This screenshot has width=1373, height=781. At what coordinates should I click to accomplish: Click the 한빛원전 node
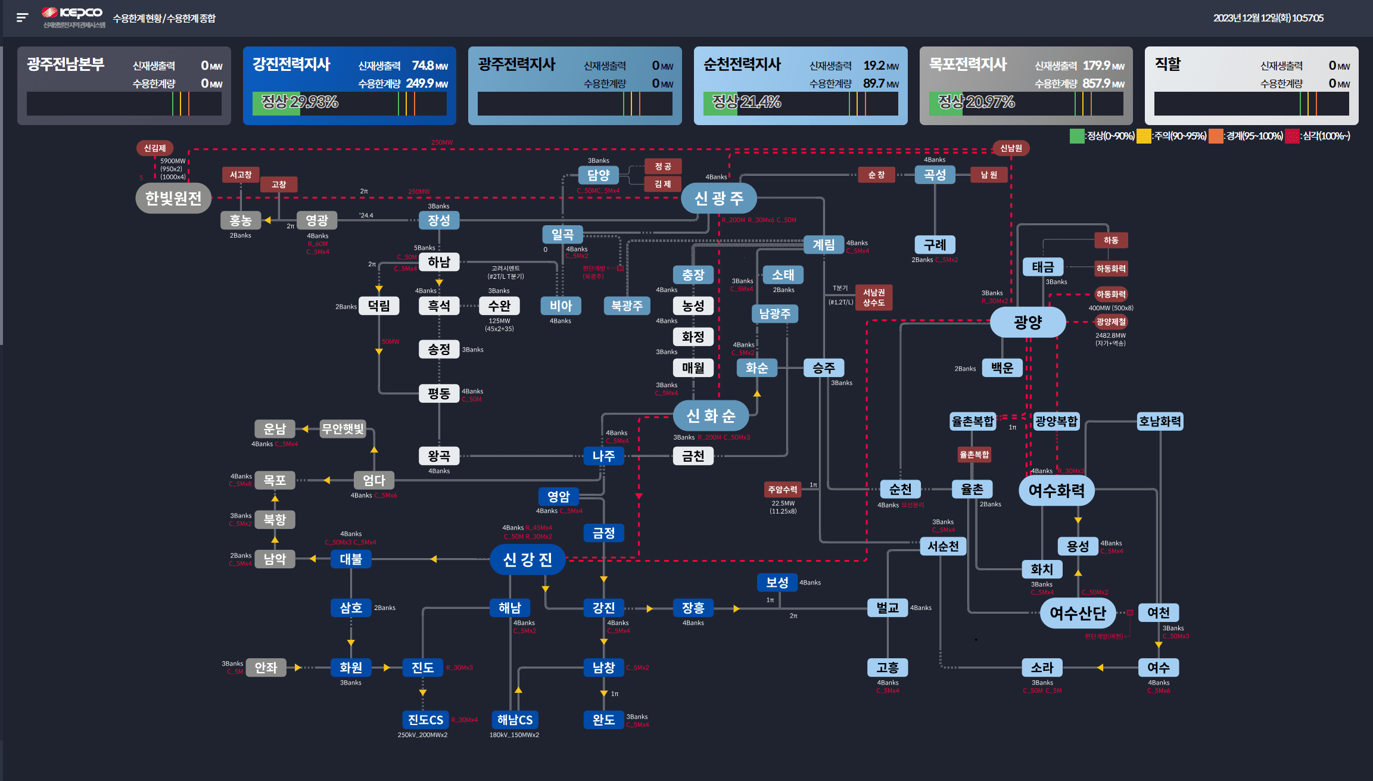pyautogui.click(x=173, y=198)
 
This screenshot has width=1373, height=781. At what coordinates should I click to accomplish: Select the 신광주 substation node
pyautogui.click(x=718, y=198)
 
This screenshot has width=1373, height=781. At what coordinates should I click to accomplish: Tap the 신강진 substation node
pyautogui.click(x=527, y=559)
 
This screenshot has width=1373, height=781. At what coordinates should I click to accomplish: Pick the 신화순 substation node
pyautogui.click(x=711, y=415)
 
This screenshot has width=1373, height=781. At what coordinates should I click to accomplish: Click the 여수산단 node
pyautogui.click(x=1078, y=613)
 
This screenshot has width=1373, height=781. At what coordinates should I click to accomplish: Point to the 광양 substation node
pyautogui.click(x=1028, y=322)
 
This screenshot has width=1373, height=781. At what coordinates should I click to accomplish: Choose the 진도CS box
pyautogui.click(x=425, y=720)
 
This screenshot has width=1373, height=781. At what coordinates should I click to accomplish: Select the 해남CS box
pyautogui.click(x=515, y=720)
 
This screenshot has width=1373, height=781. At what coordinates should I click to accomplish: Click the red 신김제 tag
pyautogui.click(x=155, y=148)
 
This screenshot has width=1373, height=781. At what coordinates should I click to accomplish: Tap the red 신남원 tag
pyautogui.click(x=1011, y=148)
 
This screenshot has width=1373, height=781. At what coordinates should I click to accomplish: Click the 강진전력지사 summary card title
pyautogui.click(x=291, y=64)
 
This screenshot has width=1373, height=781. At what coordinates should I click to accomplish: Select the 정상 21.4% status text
pyautogui.click(x=746, y=102)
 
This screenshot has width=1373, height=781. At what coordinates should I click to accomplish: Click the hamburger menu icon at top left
pyautogui.click(x=23, y=17)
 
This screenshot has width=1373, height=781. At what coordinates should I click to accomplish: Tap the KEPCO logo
pyautogui.click(x=73, y=13)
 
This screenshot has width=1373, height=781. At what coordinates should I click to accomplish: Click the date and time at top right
pyautogui.click(x=1268, y=18)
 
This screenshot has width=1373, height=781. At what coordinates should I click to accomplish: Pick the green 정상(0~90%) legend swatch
pyautogui.click(x=1076, y=136)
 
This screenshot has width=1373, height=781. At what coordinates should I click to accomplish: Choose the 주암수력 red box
pyautogui.click(x=782, y=489)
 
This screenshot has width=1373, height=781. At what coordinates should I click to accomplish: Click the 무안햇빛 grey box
pyautogui.click(x=343, y=428)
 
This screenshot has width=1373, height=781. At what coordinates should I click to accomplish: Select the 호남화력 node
pyautogui.click(x=1159, y=421)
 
